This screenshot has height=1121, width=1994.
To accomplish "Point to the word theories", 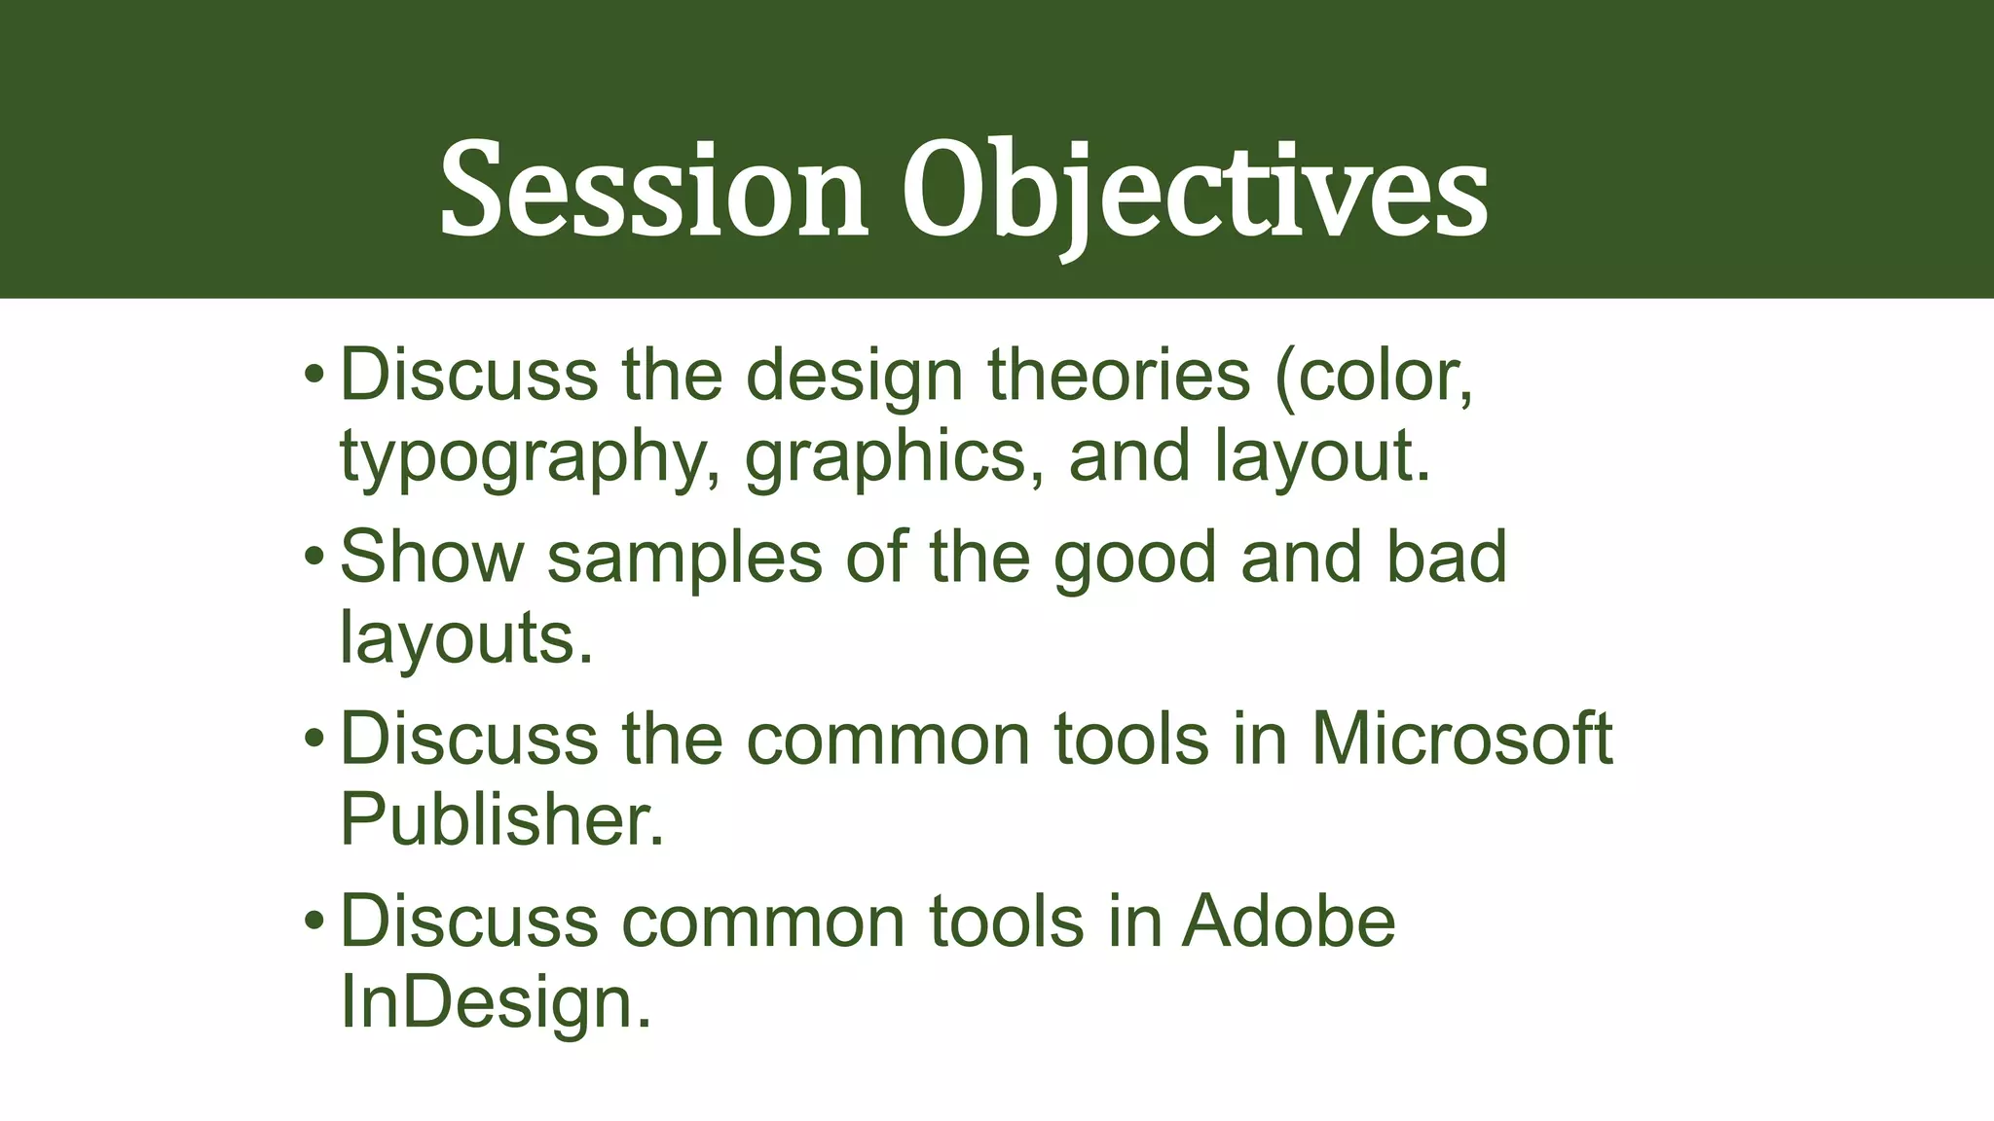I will coord(1119,376).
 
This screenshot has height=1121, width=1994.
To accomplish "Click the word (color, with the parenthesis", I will coord(1374,378).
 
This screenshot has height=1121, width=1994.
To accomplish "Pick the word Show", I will coord(431,557).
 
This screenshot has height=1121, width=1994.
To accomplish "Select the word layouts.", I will coord(465,639).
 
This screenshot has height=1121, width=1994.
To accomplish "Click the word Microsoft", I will coord(1461,739).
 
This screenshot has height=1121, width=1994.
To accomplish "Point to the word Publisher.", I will coord(501,819).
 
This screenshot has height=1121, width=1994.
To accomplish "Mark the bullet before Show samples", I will coord(313,558).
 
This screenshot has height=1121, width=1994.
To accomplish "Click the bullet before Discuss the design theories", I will coord(313,376).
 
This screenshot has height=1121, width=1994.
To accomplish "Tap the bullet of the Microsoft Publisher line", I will coord(313,740).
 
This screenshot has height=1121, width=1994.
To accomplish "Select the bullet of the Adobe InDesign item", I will coord(313,922).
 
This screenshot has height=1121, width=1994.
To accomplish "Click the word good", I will coord(1135,559).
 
